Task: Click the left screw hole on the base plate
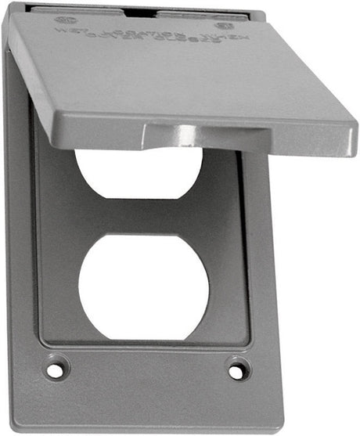pyautogui.click(x=55, y=368)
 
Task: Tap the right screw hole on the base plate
pyautogui.click(x=236, y=369)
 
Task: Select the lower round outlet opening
pyautogui.click(x=143, y=286)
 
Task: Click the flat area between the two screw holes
pyautogui.click(x=145, y=376)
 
